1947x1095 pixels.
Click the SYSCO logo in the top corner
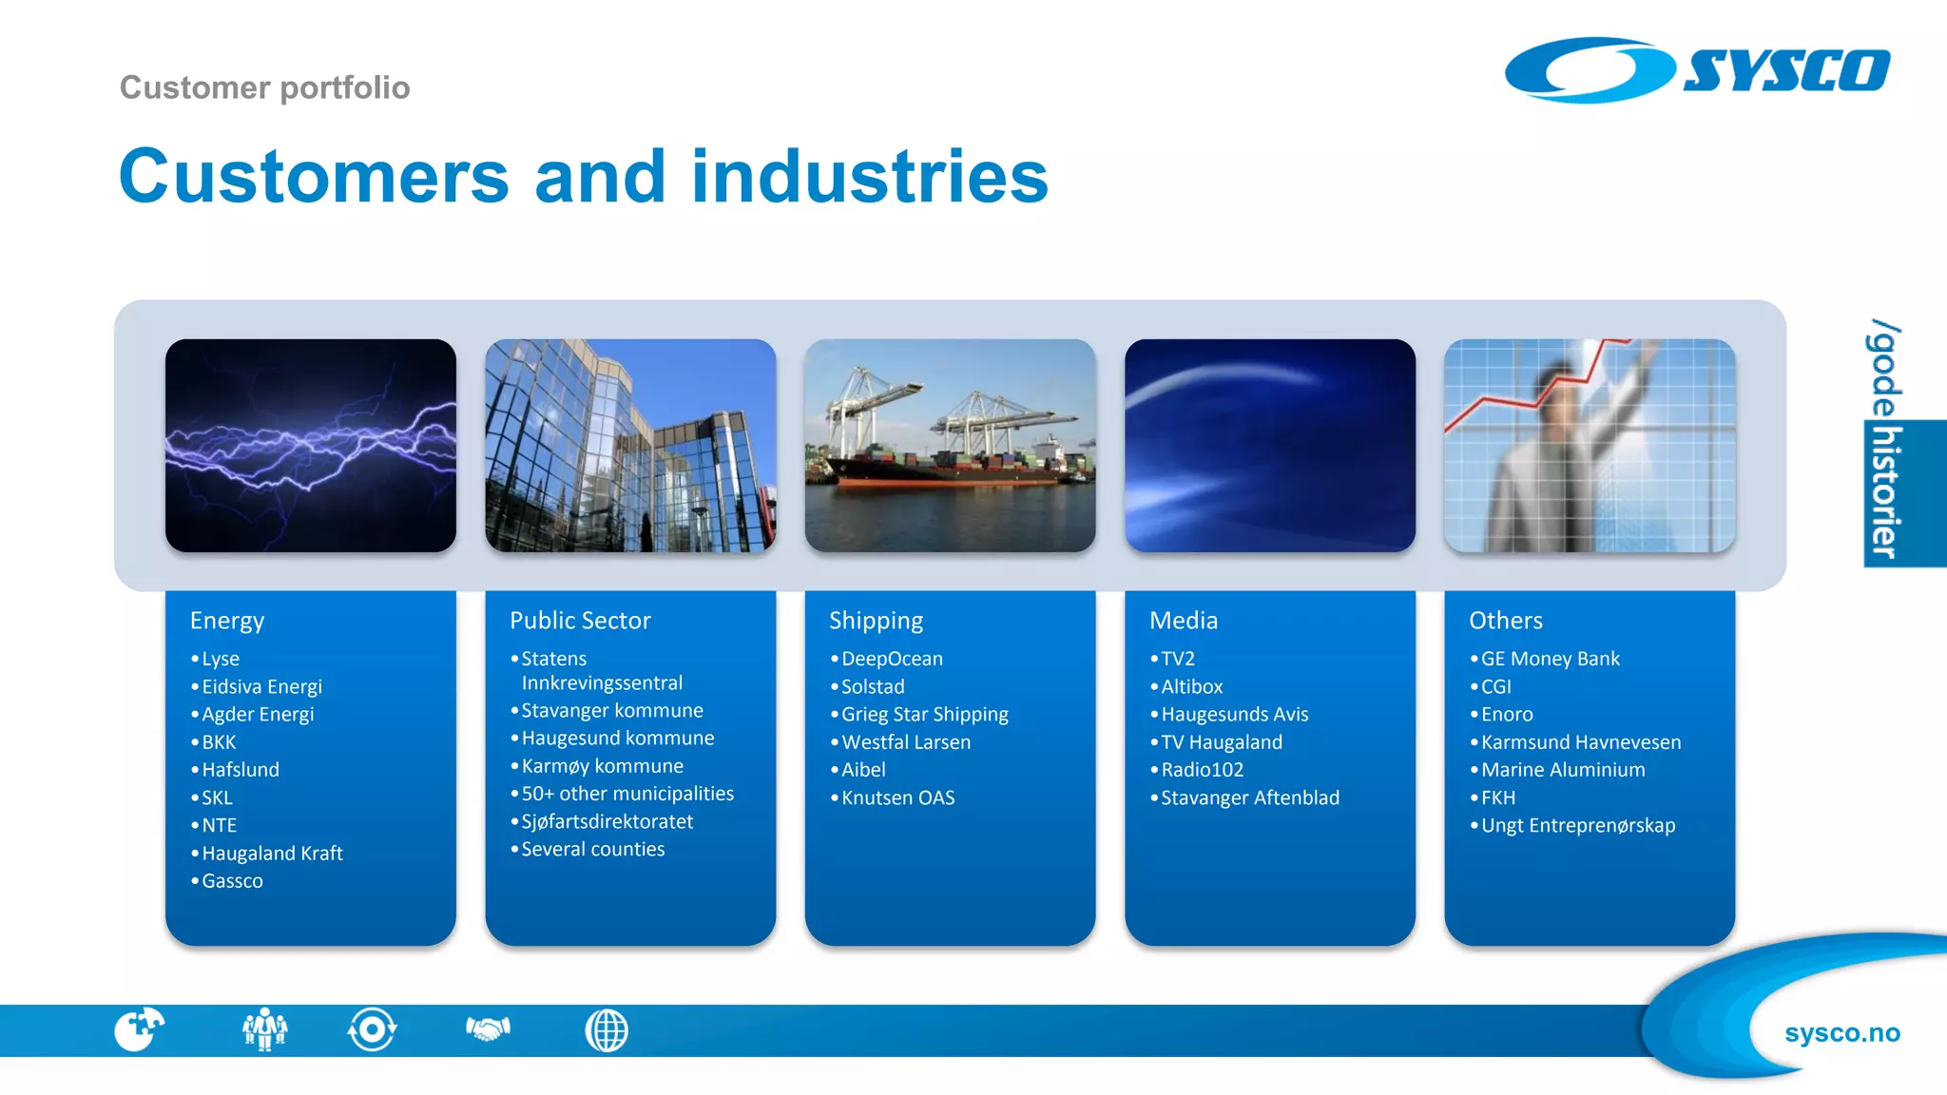[1697, 69]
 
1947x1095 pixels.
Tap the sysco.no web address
[1841, 1032]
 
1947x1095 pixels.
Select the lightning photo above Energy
[310, 445]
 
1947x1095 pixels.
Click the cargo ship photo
[950, 445]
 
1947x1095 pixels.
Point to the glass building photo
[630, 445]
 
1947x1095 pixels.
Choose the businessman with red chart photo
[1590, 445]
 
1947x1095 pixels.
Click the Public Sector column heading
[580, 621]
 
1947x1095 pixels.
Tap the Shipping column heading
[876, 621]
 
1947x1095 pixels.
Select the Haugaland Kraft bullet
[272, 854]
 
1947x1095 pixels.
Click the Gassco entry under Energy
[232, 881]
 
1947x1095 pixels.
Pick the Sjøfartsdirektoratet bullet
[607, 821]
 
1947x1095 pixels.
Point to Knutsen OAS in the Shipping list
[897, 797]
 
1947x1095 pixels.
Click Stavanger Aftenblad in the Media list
[1249, 797]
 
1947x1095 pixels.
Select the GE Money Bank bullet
[1550, 659]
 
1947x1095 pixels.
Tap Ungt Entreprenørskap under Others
[1577, 825]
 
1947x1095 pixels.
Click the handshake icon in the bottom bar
[488, 1029]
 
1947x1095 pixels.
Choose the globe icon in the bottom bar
[607, 1030]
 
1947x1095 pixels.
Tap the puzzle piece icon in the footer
[139, 1029]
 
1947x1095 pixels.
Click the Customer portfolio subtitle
[264, 87]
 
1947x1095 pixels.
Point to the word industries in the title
[869, 177]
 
